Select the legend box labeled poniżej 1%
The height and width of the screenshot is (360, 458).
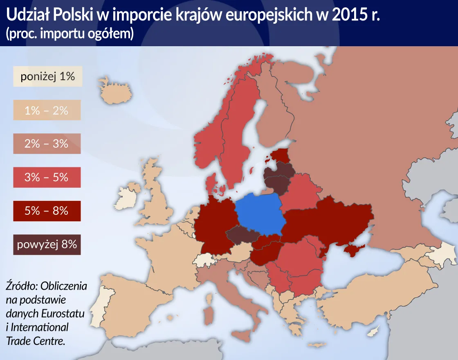[47, 76]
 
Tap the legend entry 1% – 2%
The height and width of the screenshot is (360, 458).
[47, 110]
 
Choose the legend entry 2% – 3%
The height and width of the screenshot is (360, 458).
[47, 144]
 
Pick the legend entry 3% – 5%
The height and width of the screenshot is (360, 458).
[47, 177]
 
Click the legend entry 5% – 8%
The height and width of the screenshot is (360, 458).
[47, 211]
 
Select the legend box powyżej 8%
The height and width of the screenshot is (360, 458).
[47, 245]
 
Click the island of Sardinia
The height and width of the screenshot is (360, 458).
[209, 315]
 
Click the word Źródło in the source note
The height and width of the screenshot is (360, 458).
[21, 286]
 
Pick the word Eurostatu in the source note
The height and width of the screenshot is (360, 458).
[63, 314]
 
